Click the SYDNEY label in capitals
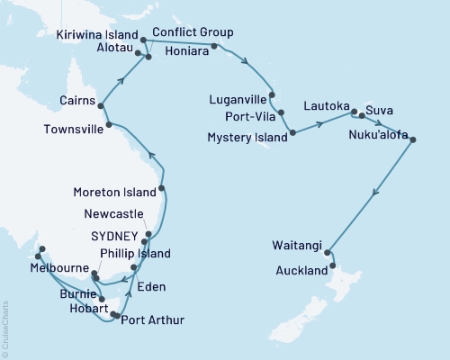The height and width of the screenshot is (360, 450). pos(115,235)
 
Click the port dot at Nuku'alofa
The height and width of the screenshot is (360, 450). pos(413,137)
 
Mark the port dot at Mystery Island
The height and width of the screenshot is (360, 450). pos(292,135)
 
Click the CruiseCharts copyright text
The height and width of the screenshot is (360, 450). pos(5,329)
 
